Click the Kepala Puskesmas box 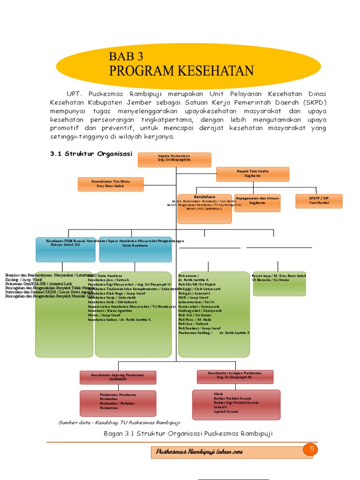click(174, 159)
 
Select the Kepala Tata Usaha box click(253, 174)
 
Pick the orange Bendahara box click(204, 209)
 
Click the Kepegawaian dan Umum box click(257, 202)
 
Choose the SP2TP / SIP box click(319, 201)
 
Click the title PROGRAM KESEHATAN click(181, 71)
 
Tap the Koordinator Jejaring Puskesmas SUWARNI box click(118, 377)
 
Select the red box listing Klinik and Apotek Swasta click(236, 404)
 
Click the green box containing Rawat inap click(279, 284)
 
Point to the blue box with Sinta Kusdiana click(135, 249)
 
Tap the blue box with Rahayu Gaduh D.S click(66, 249)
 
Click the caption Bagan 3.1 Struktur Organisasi click(187, 434)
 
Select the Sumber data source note click(119, 423)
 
